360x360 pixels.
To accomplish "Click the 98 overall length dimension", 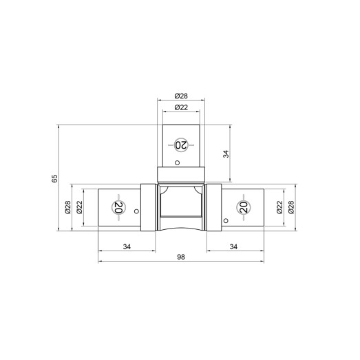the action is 181,257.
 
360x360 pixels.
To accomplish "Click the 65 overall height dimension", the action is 54,178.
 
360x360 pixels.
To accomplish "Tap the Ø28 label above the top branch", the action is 181,96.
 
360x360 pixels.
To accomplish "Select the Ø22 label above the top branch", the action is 181,107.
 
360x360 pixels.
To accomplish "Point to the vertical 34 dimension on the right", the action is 226,153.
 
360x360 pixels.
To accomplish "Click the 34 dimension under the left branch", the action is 127,247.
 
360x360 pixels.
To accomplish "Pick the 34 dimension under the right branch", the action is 233,247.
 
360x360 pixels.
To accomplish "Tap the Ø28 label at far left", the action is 67,207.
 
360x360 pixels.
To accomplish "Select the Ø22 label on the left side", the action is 79,207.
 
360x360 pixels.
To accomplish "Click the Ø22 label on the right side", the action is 279,207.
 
